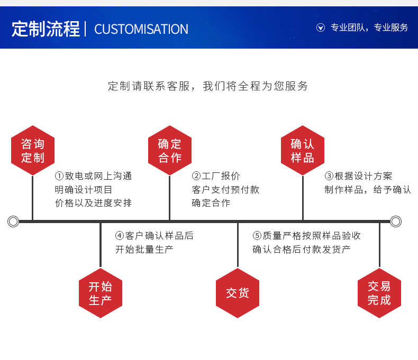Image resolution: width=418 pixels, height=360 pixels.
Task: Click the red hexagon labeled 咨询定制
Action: tap(33, 151)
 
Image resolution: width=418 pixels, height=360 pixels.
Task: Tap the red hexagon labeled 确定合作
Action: tap(170, 151)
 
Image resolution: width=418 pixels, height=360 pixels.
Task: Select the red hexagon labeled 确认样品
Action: tap(303, 151)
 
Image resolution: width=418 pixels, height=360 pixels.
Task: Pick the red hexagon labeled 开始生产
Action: tap(101, 293)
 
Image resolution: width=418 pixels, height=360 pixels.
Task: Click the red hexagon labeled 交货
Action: tap(238, 293)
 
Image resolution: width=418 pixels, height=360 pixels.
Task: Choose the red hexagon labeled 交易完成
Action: tap(379, 293)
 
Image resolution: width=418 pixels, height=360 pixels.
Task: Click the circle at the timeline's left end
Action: tap(13, 221)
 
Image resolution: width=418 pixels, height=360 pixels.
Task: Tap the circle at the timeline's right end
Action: tap(396, 221)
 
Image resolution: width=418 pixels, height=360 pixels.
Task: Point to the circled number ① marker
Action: tap(59, 176)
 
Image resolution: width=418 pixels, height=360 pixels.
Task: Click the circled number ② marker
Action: tap(196, 176)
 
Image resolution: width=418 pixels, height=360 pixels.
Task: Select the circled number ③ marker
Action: tap(329, 176)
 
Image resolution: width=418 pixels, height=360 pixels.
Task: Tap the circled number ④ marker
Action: tap(120, 236)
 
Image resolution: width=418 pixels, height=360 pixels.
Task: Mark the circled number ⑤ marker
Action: tap(257, 236)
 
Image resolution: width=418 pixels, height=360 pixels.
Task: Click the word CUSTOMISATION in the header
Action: tap(141, 29)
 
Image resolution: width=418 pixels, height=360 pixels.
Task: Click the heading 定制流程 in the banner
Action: tap(46, 29)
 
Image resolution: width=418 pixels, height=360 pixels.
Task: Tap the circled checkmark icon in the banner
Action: tap(321, 27)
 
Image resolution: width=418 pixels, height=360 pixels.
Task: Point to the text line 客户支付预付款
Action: tap(225, 190)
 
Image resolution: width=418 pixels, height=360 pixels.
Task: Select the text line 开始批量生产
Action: tap(144, 250)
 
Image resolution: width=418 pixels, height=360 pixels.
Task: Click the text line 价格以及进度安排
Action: tap(93, 203)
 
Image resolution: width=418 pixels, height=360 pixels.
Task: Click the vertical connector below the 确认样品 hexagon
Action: tap(303, 198)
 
